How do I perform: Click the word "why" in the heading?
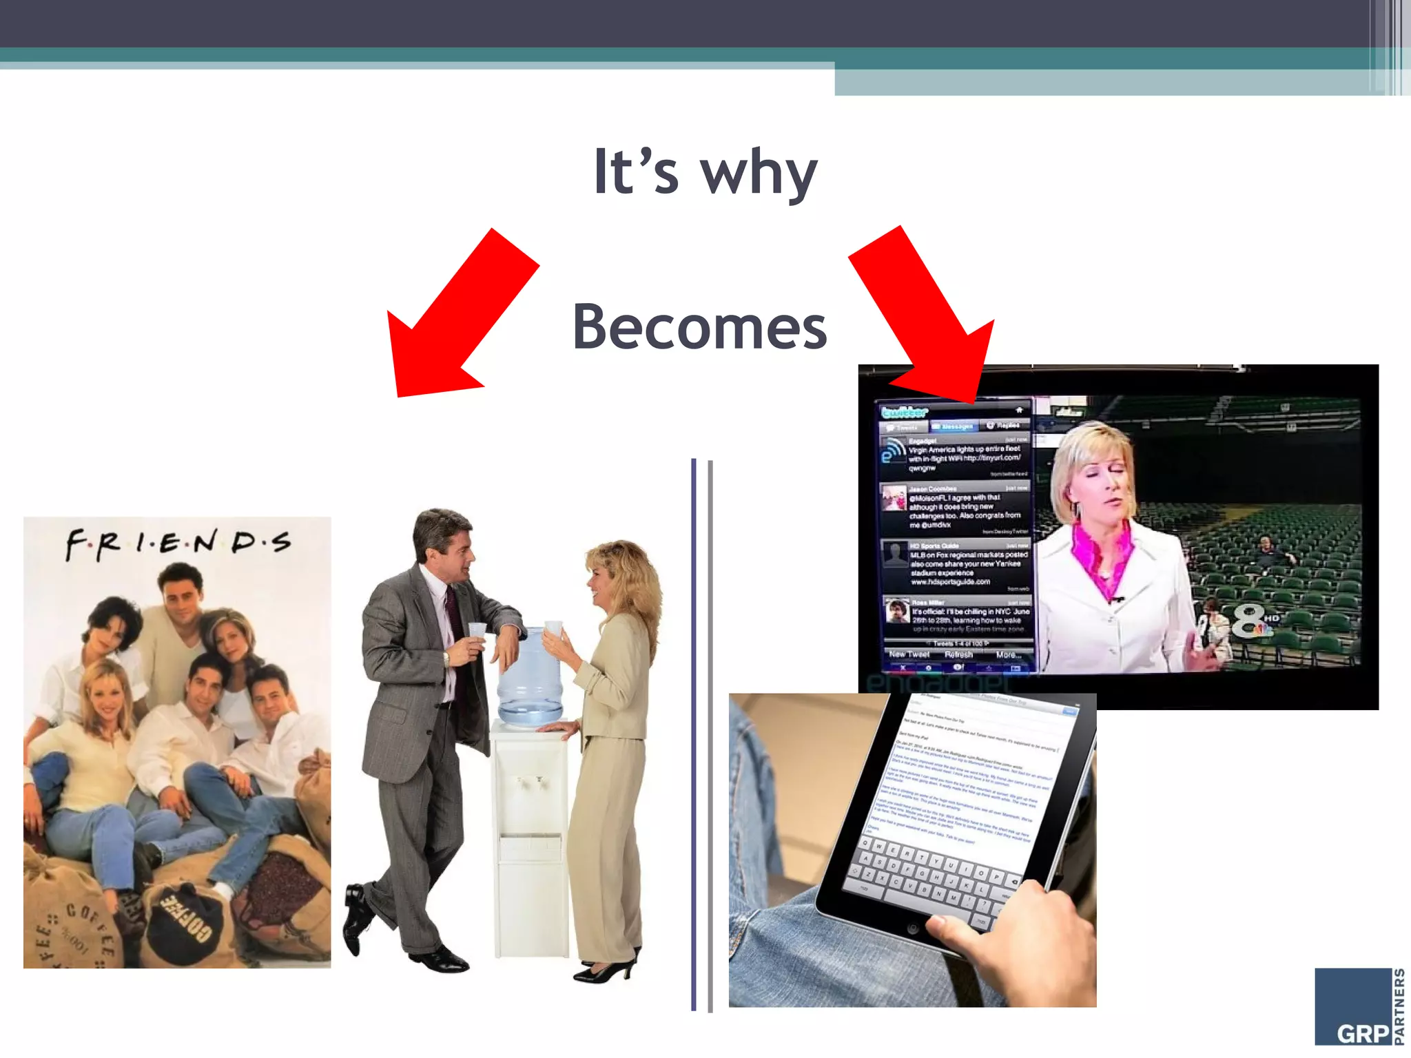click(759, 174)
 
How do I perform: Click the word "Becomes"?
click(699, 328)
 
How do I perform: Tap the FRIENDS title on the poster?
click(178, 543)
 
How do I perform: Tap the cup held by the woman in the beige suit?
click(553, 629)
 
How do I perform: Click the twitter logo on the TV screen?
click(905, 412)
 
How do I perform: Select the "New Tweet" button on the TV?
click(909, 654)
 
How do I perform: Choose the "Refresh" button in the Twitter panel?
click(958, 654)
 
